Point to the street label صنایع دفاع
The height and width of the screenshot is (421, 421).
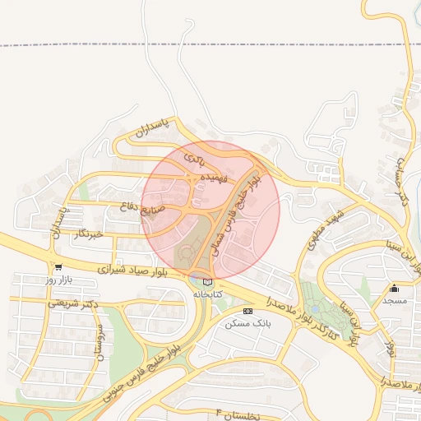tap(164, 209)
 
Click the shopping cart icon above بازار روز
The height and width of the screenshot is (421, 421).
tap(58, 267)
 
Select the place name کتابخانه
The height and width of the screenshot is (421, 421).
tap(208, 294)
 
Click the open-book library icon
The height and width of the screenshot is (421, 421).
tap(206, 282)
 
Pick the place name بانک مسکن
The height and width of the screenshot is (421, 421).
tap(247, 324)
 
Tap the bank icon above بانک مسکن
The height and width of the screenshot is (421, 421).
tap(247, 312)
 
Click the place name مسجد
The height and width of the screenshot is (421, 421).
tap(395, 301)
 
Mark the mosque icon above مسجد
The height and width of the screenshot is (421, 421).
tap(395, 288)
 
